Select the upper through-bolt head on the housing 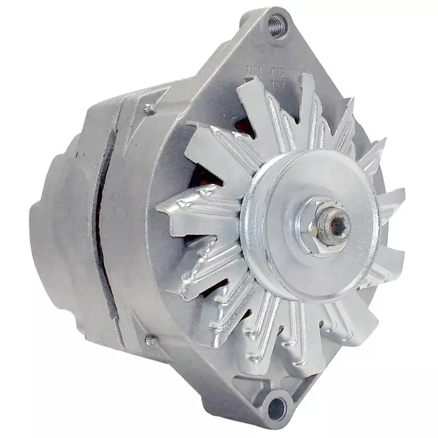[148, 107]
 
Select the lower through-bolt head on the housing [149, 339]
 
